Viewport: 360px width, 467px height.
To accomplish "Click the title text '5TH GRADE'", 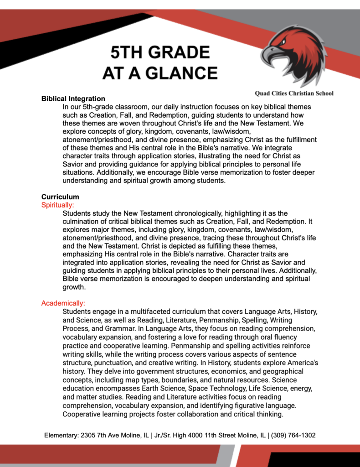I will [160, 52].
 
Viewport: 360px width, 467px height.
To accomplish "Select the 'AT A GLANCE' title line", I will [160, 73].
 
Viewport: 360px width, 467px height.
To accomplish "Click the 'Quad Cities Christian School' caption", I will [294, 93].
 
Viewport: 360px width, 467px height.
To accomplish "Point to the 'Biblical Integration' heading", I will [73, 99].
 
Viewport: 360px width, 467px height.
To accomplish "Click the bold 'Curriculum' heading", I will [60, 197].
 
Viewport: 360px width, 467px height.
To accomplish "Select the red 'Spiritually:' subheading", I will [57, 205].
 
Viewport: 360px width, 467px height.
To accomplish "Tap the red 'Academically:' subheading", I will [63, 303].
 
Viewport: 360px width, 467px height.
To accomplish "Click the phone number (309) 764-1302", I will [293, 436].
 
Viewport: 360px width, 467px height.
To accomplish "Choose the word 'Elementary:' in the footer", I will [62, 436].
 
